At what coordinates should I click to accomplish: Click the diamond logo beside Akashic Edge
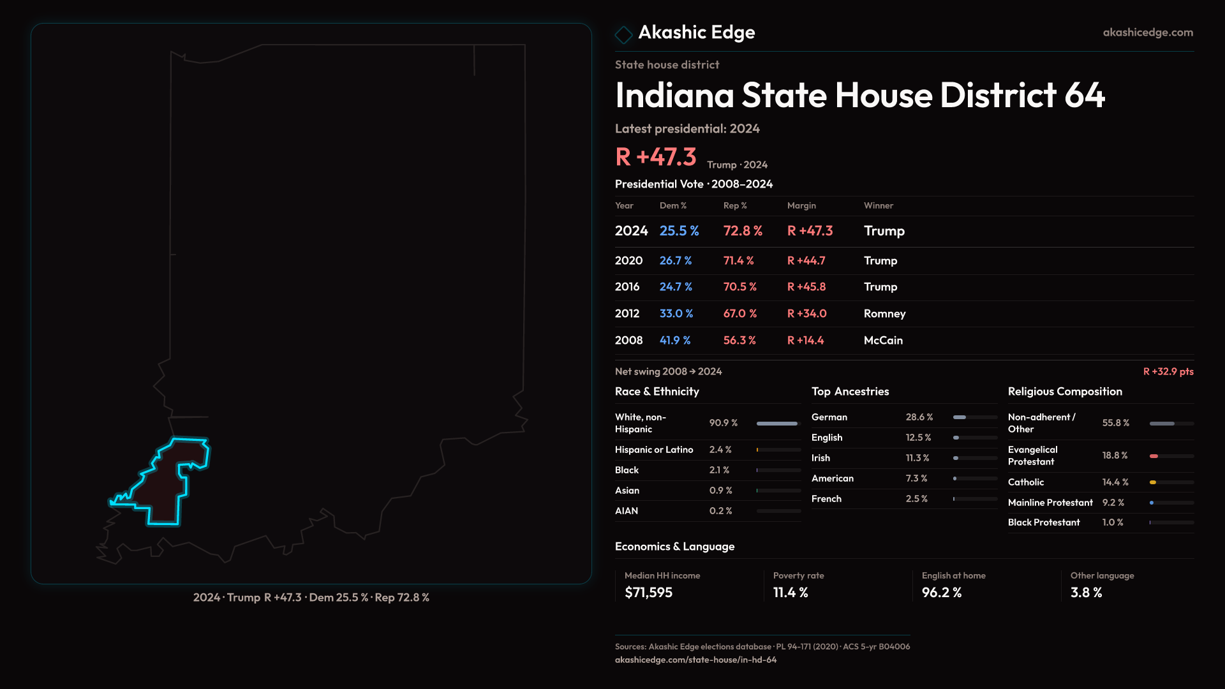coord(623,34)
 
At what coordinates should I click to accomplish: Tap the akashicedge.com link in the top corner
coord(1147,33)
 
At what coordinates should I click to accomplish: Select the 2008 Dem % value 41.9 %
coord(675,341)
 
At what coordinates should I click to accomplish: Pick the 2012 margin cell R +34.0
coord(806,314)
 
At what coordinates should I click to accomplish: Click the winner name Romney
coord(884,314)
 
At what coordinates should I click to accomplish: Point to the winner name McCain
coord(883,341)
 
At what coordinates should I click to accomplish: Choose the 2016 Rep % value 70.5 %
coord(739,287)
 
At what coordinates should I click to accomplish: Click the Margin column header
coord(801,205)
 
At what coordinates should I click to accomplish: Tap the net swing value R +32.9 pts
coord(1168,371)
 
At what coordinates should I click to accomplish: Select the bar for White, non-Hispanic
coord(777,424)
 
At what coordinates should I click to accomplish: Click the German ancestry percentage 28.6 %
coord(919,417)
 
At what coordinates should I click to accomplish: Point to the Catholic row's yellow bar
coord(1153,482)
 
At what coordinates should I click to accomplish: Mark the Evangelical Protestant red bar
coord(1154,456)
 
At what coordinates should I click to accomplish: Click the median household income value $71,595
coord(648,593)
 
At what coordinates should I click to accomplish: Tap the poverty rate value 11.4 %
coord(791,593)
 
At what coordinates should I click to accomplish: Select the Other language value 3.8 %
coord(1086,593)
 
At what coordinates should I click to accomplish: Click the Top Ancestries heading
coord(850,392)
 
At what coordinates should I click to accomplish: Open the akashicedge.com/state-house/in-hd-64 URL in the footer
coord(695,660)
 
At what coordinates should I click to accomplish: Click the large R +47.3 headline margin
coord(655,157)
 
